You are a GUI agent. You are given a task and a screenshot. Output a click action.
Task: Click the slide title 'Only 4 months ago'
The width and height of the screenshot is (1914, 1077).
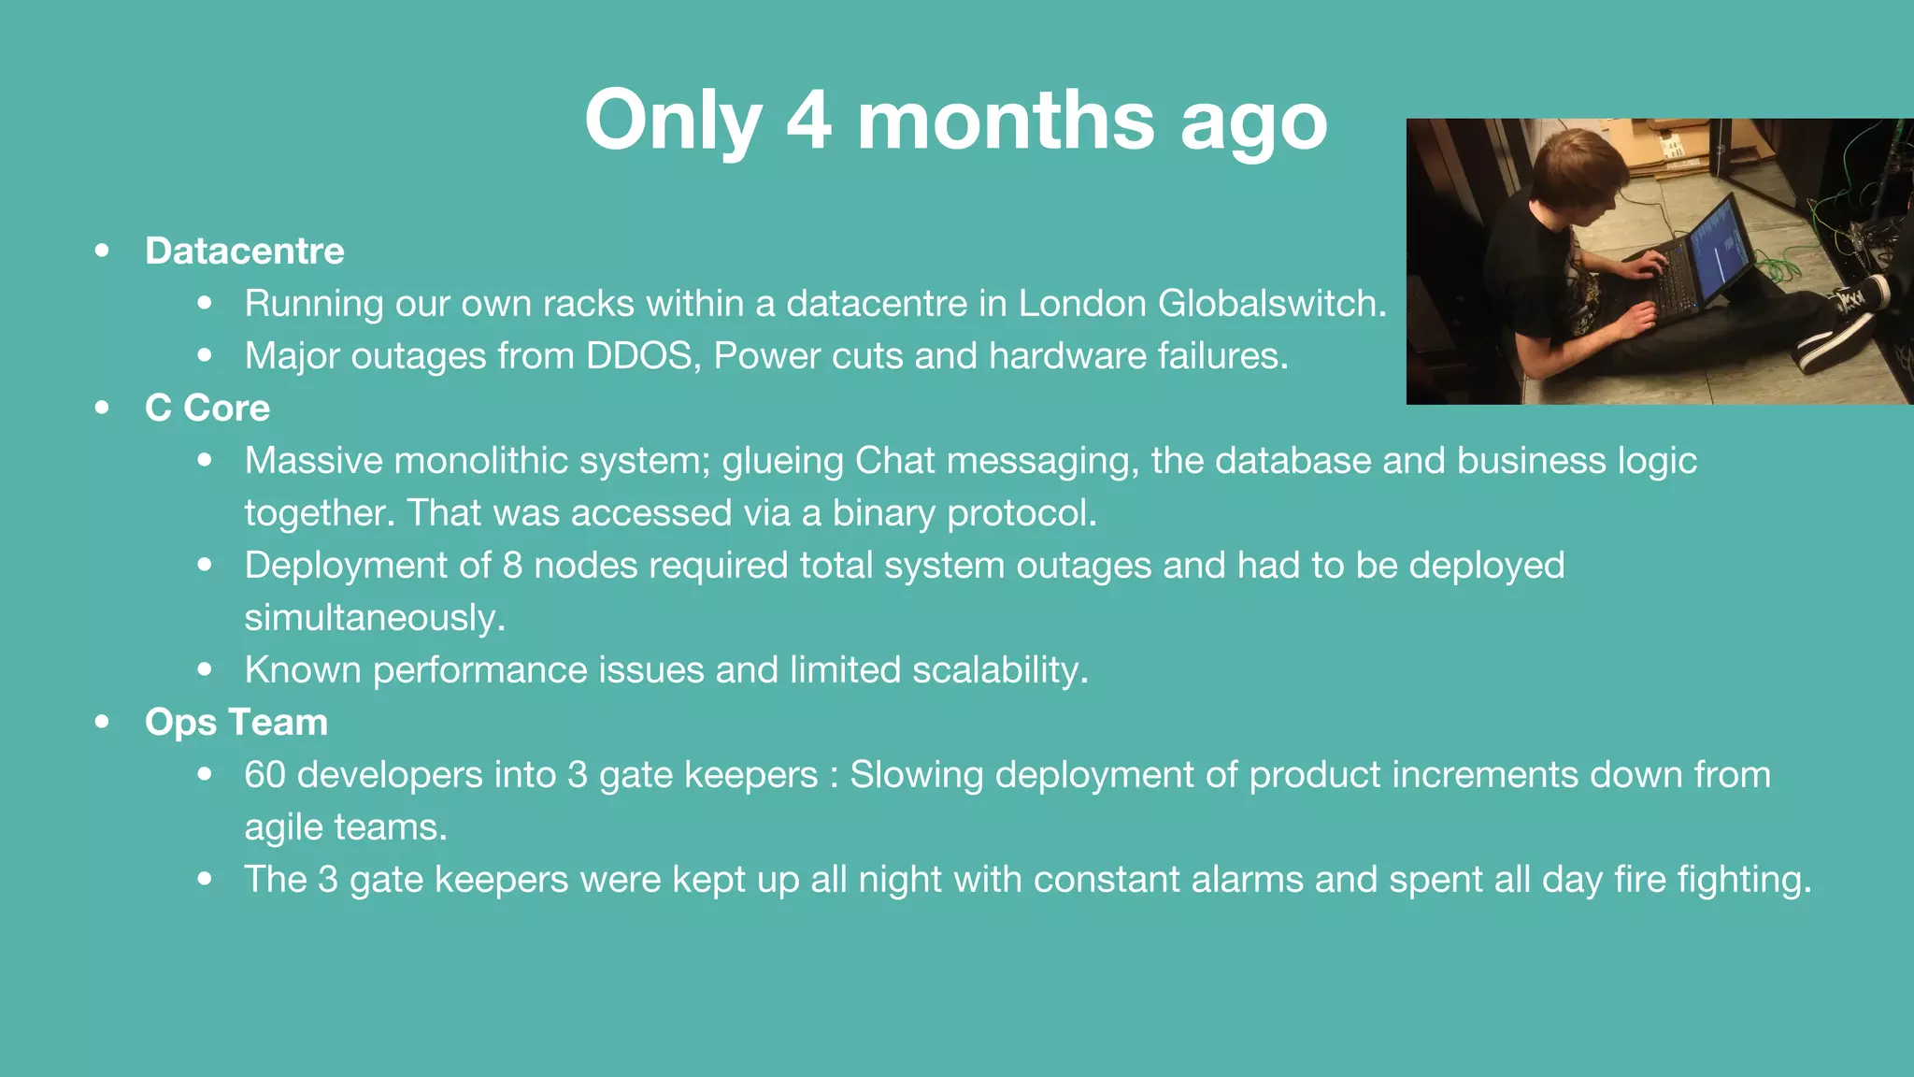[955, 120]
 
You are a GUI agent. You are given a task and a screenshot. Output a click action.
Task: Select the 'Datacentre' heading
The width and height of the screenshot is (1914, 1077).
[244, 251]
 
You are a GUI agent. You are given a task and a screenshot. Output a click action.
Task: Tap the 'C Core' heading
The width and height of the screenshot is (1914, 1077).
[207, 408]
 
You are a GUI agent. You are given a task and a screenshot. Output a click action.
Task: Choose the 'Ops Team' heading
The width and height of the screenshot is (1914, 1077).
[236, 722]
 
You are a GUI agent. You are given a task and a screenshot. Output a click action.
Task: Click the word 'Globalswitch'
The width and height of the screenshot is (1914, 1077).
[1270, 303]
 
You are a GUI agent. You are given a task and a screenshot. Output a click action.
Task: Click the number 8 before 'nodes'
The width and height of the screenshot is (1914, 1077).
[512, 565]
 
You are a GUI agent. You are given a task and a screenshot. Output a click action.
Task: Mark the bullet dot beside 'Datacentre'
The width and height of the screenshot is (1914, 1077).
[102, 251]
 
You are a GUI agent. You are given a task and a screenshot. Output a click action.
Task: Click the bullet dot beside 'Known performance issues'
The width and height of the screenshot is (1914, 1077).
[205, 669]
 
